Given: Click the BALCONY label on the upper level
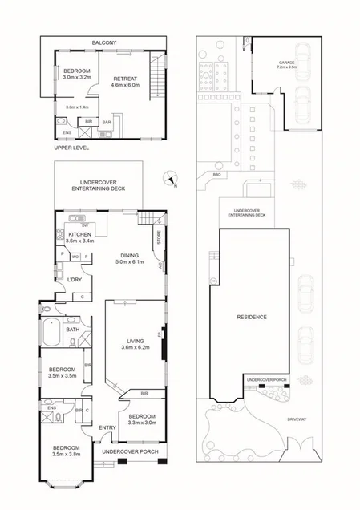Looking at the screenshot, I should point(104,42).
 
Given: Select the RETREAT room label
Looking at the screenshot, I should point(126,77).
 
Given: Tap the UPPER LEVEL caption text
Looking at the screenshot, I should point(71,148).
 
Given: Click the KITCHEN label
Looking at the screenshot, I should point(80,234).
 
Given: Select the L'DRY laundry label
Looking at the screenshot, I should point(75,279).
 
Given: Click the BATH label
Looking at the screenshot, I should point(72,330).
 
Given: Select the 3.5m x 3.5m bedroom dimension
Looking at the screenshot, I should point(62,374).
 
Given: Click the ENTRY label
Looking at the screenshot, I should point(107,427).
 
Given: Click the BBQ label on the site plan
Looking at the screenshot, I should point(216,174).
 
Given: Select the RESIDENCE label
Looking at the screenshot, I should point(251,317).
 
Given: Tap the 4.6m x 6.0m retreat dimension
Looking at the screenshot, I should point(126,84).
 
